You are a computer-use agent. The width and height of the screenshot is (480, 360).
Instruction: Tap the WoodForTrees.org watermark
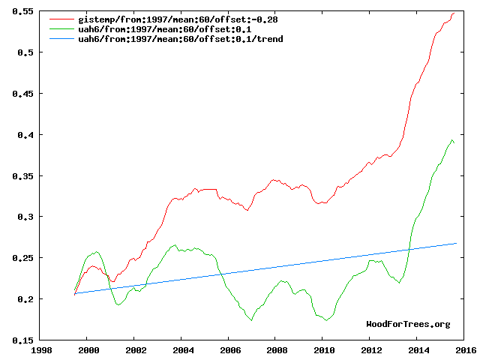[408, 324]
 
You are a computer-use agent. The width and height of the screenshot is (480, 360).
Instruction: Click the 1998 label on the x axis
[41, 350]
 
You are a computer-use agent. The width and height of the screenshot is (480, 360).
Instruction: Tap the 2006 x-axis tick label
[229, 350]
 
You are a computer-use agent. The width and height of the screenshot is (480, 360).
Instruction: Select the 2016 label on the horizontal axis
[464, 350]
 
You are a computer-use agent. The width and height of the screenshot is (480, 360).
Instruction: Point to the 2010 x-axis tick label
[323, 350]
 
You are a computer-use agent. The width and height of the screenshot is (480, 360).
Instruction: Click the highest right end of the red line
[455, 13]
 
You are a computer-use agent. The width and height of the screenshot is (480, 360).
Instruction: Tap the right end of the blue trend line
[456, 243]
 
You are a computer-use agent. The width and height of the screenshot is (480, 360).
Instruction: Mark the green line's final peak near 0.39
[452, 139]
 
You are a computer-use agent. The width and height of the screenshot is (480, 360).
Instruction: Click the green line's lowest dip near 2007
[252, 319]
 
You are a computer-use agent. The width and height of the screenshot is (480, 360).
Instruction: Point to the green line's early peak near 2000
[97, 252]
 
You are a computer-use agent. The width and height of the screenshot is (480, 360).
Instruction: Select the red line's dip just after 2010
[322, 203]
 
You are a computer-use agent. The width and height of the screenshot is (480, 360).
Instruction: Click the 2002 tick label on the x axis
[135, 350]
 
